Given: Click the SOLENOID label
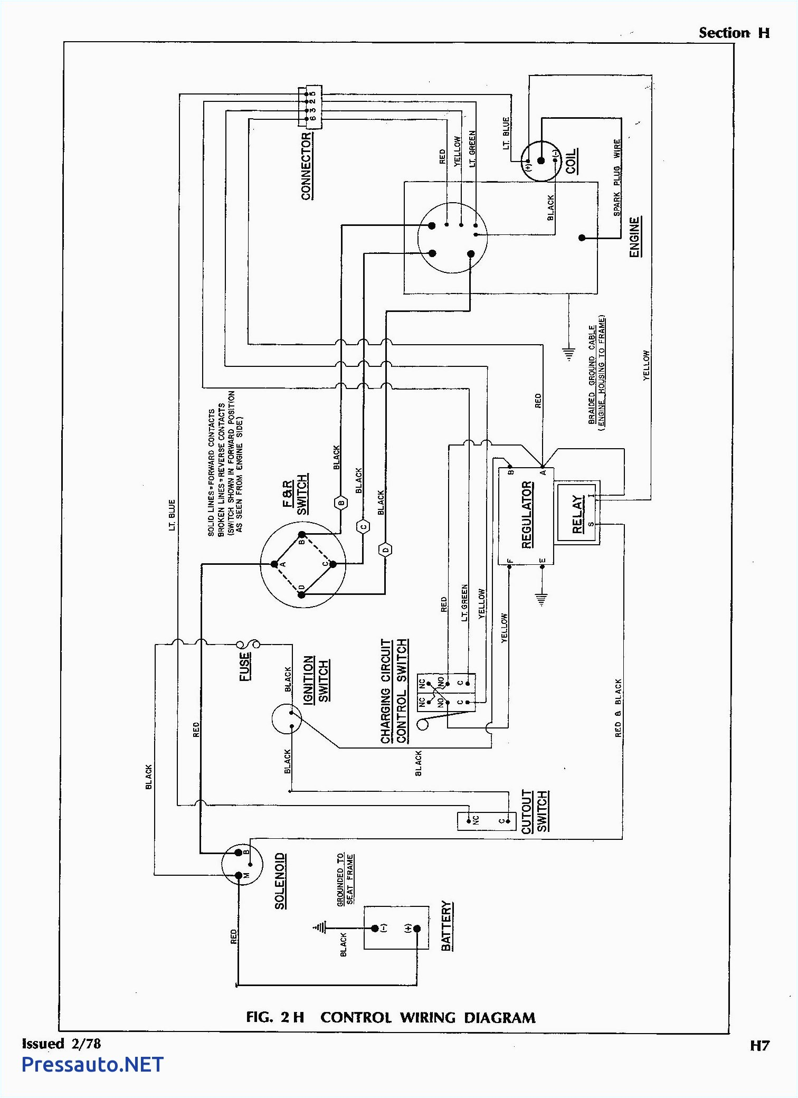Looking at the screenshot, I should pyautogui.click(x=281, y=881).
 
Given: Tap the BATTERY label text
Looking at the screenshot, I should pyautogui.click(x=446, y=926).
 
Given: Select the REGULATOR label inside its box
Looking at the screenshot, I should pyautogui.click(x=527, y=515).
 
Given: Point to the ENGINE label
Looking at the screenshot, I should pyautogui.click(x=635, y=236).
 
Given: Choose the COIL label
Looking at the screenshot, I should pyautogui.click(x=571, y=160).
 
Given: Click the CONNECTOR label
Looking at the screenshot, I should pyautogui.click(x=307, y=166).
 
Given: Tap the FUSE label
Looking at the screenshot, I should pyautogui.click(x=245, y=666).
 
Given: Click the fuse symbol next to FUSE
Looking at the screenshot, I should pyautogui.click(x=248, y=644).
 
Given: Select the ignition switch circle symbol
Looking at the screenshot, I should pyautogui.click(x=287, y=719).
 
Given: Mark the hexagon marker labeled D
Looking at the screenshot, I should pyautogui.click(x=386, y=550).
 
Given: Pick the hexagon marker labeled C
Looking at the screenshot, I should pyautogui.click(x=363, y=526).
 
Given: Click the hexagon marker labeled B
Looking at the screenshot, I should pyautogui.click(x=341, y=503).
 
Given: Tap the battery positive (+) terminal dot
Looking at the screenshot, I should pyautogui.click(x=417, y=929).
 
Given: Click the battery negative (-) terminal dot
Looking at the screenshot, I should pyautogui.click(x=375, y=928).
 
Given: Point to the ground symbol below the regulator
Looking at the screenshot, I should pyautogui.click(x=541, y=599).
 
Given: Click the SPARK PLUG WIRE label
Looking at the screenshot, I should pyautogui.click(x=617, y=177).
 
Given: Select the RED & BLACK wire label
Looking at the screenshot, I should pyautogui.click(x=618, y=707).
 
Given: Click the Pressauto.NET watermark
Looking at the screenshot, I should pyautogui.click(x=92, y=1064).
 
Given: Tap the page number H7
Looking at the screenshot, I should pyautogui.click(x=759, y=1045).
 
